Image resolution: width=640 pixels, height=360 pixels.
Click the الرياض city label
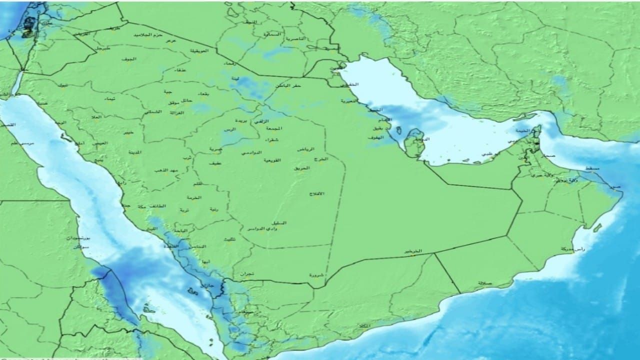(305, 149)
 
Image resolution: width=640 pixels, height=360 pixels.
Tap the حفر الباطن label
(288, 86)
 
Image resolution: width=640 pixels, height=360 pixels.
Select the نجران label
(246, 274)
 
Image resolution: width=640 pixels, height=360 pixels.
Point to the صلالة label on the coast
(484, 283)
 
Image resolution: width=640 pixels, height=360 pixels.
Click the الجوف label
(128, 59)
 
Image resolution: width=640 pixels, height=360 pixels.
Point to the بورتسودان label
(78, 239)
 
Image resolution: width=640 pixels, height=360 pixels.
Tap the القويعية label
(272, 160)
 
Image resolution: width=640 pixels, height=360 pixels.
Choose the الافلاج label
(317, 193)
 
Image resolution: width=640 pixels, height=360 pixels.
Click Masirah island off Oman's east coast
(597, 227)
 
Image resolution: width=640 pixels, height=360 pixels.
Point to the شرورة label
(317, 274)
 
